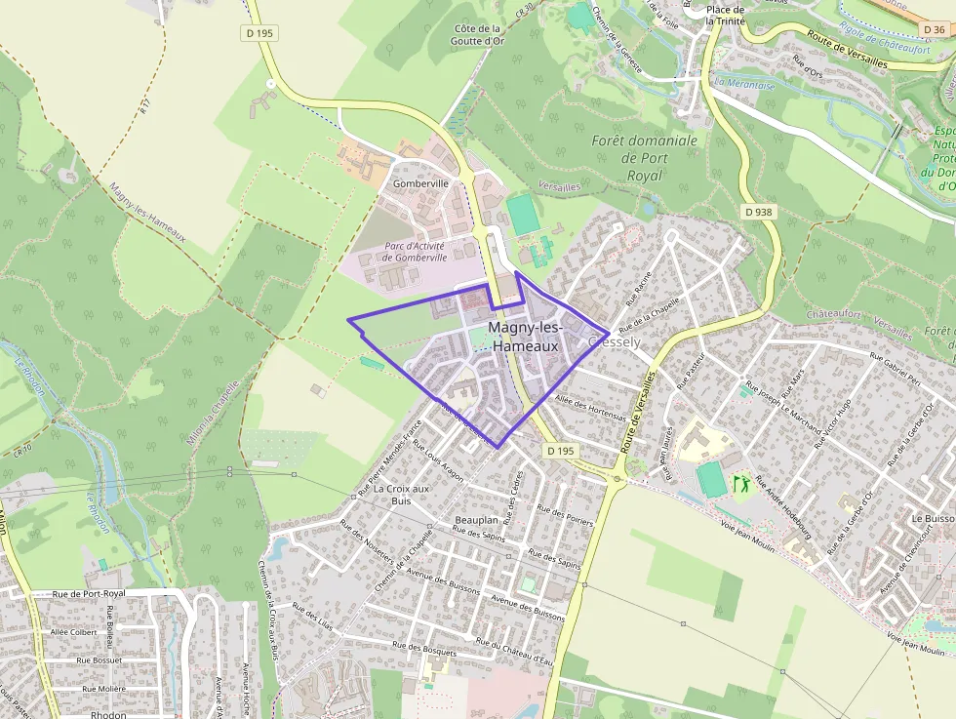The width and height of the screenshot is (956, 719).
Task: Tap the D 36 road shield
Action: (x=933, y=29)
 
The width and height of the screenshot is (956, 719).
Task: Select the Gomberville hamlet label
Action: (x=420, y=183)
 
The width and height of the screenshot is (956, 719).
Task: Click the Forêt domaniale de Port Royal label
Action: (x=645, y=157)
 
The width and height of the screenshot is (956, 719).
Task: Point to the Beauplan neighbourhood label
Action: (x=478, y=521)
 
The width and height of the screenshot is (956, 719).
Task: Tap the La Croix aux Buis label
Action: (x=402, y=495)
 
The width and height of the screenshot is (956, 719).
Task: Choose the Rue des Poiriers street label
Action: (x=565, y=515)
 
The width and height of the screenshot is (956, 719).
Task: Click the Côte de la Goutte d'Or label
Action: (x=478, y=36)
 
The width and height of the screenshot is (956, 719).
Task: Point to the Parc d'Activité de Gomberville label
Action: (x=415, y=252)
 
